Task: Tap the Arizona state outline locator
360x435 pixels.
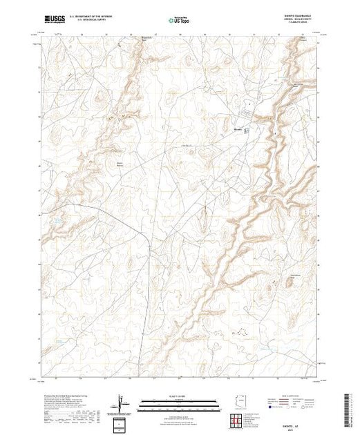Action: click(234, 402)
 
